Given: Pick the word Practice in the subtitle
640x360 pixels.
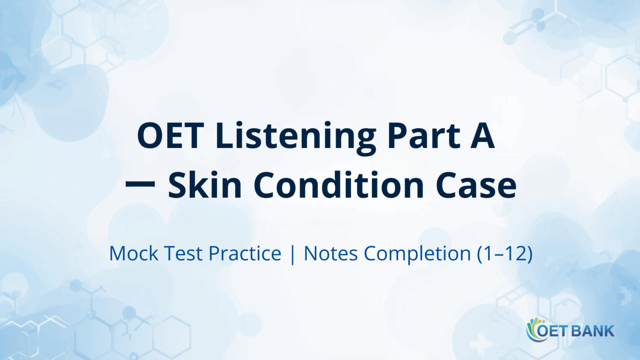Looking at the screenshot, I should (x=245, y=254).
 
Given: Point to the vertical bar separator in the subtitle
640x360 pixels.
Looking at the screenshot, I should (x=293, y=254).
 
